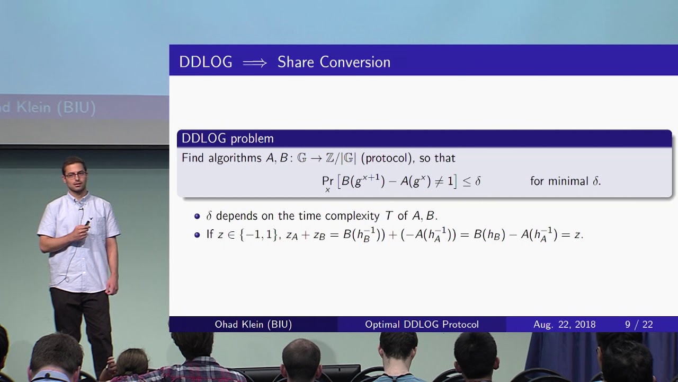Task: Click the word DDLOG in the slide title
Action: [206, 62]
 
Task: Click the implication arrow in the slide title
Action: [255, 63]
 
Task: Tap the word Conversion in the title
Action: [355, 62]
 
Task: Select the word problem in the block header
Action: [252, 139]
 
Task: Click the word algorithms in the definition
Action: [235, 158]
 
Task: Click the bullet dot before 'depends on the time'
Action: [197, 216]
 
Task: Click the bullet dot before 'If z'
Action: [197, 235]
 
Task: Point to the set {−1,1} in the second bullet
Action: [258, 235]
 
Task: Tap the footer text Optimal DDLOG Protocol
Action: [422, 324]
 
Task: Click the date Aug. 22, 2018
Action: [565, 325]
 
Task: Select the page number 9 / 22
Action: [639, 325]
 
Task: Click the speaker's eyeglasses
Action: [75, 175]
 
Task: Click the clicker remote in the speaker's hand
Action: [87, 223]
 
